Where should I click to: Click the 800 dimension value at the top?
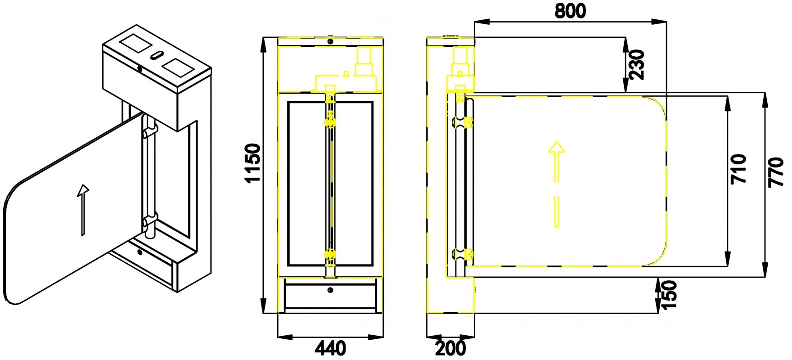(570, 10)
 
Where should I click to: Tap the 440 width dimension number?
(330, 348)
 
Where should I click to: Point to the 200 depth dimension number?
(451, 348)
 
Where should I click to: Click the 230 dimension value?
(638, 65)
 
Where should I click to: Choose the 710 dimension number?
(738, 169)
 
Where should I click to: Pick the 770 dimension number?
(776, 172)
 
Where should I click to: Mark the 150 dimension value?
(669, 294)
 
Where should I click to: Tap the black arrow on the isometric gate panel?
(82, 210)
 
